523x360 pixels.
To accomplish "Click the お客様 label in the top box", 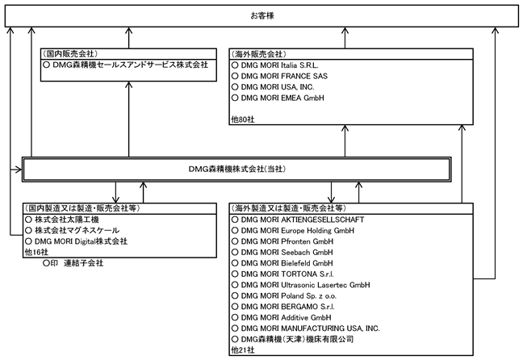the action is pyautogui.click(x=262, y=15).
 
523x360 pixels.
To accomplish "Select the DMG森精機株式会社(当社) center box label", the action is pyautogui.click(x=236, y=170).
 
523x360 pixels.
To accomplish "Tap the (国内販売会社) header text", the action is pyautogui.click(x=70, y=54).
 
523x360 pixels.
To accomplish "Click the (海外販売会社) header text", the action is pyautogui.click(x=258, y=54).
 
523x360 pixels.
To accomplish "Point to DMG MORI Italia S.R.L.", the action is pyautogui.click(x=279, y=65).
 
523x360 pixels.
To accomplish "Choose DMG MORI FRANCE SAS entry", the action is pyautogui.click(x=284, y=76).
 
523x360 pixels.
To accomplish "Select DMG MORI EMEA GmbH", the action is pyautogui.click(x=282, y=98).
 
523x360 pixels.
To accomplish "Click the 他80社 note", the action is pyautogui.click(x=243, y=119).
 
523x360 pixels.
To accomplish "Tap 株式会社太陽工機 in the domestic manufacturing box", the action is pyautogui.click(x=67, y=220).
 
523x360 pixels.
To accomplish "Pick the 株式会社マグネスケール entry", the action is pyautogui.click(x=77, y=230).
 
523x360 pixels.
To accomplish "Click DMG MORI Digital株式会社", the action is pyautogui.click(x=81, y=241).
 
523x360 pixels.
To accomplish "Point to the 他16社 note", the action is pyautogui.click(x=36, y=252).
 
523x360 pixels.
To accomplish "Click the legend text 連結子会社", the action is pyautogui.click(x=83, y=263).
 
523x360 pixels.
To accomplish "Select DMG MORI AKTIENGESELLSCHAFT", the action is pyautogui.click(x=303, y=220).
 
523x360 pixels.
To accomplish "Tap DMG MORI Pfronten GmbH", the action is pyautogui.click(x=287, y=241).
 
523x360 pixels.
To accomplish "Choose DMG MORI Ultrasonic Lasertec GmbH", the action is pyautogui.click(x=306, y=285).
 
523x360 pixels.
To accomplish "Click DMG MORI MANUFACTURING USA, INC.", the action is pyautogui.click(x=310, y=329).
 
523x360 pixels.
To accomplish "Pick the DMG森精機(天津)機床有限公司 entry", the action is pyautogui.click(x=297, y=339).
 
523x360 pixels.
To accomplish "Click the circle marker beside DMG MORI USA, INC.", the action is pyautogui.click(x=235, y=86).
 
